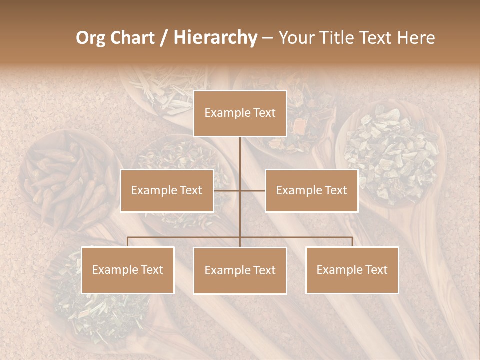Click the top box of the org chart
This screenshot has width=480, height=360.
coord(240,113)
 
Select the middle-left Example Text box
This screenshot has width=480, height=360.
coord(167,190)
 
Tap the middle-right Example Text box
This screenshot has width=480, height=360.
coord(311,190)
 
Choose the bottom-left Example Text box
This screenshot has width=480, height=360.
coord(128,270)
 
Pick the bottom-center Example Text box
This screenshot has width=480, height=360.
coord(240,270)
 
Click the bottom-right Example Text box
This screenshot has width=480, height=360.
coord(352,270)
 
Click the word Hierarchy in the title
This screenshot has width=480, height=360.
coord(215,38)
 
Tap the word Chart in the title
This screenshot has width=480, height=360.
coord(133,38)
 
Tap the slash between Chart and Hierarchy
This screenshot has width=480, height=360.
coord(163,38)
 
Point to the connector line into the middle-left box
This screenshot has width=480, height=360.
coord(226,190)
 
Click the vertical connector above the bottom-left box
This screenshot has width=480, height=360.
coord(128,242)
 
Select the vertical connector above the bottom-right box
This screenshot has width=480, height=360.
coord(352,242)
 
